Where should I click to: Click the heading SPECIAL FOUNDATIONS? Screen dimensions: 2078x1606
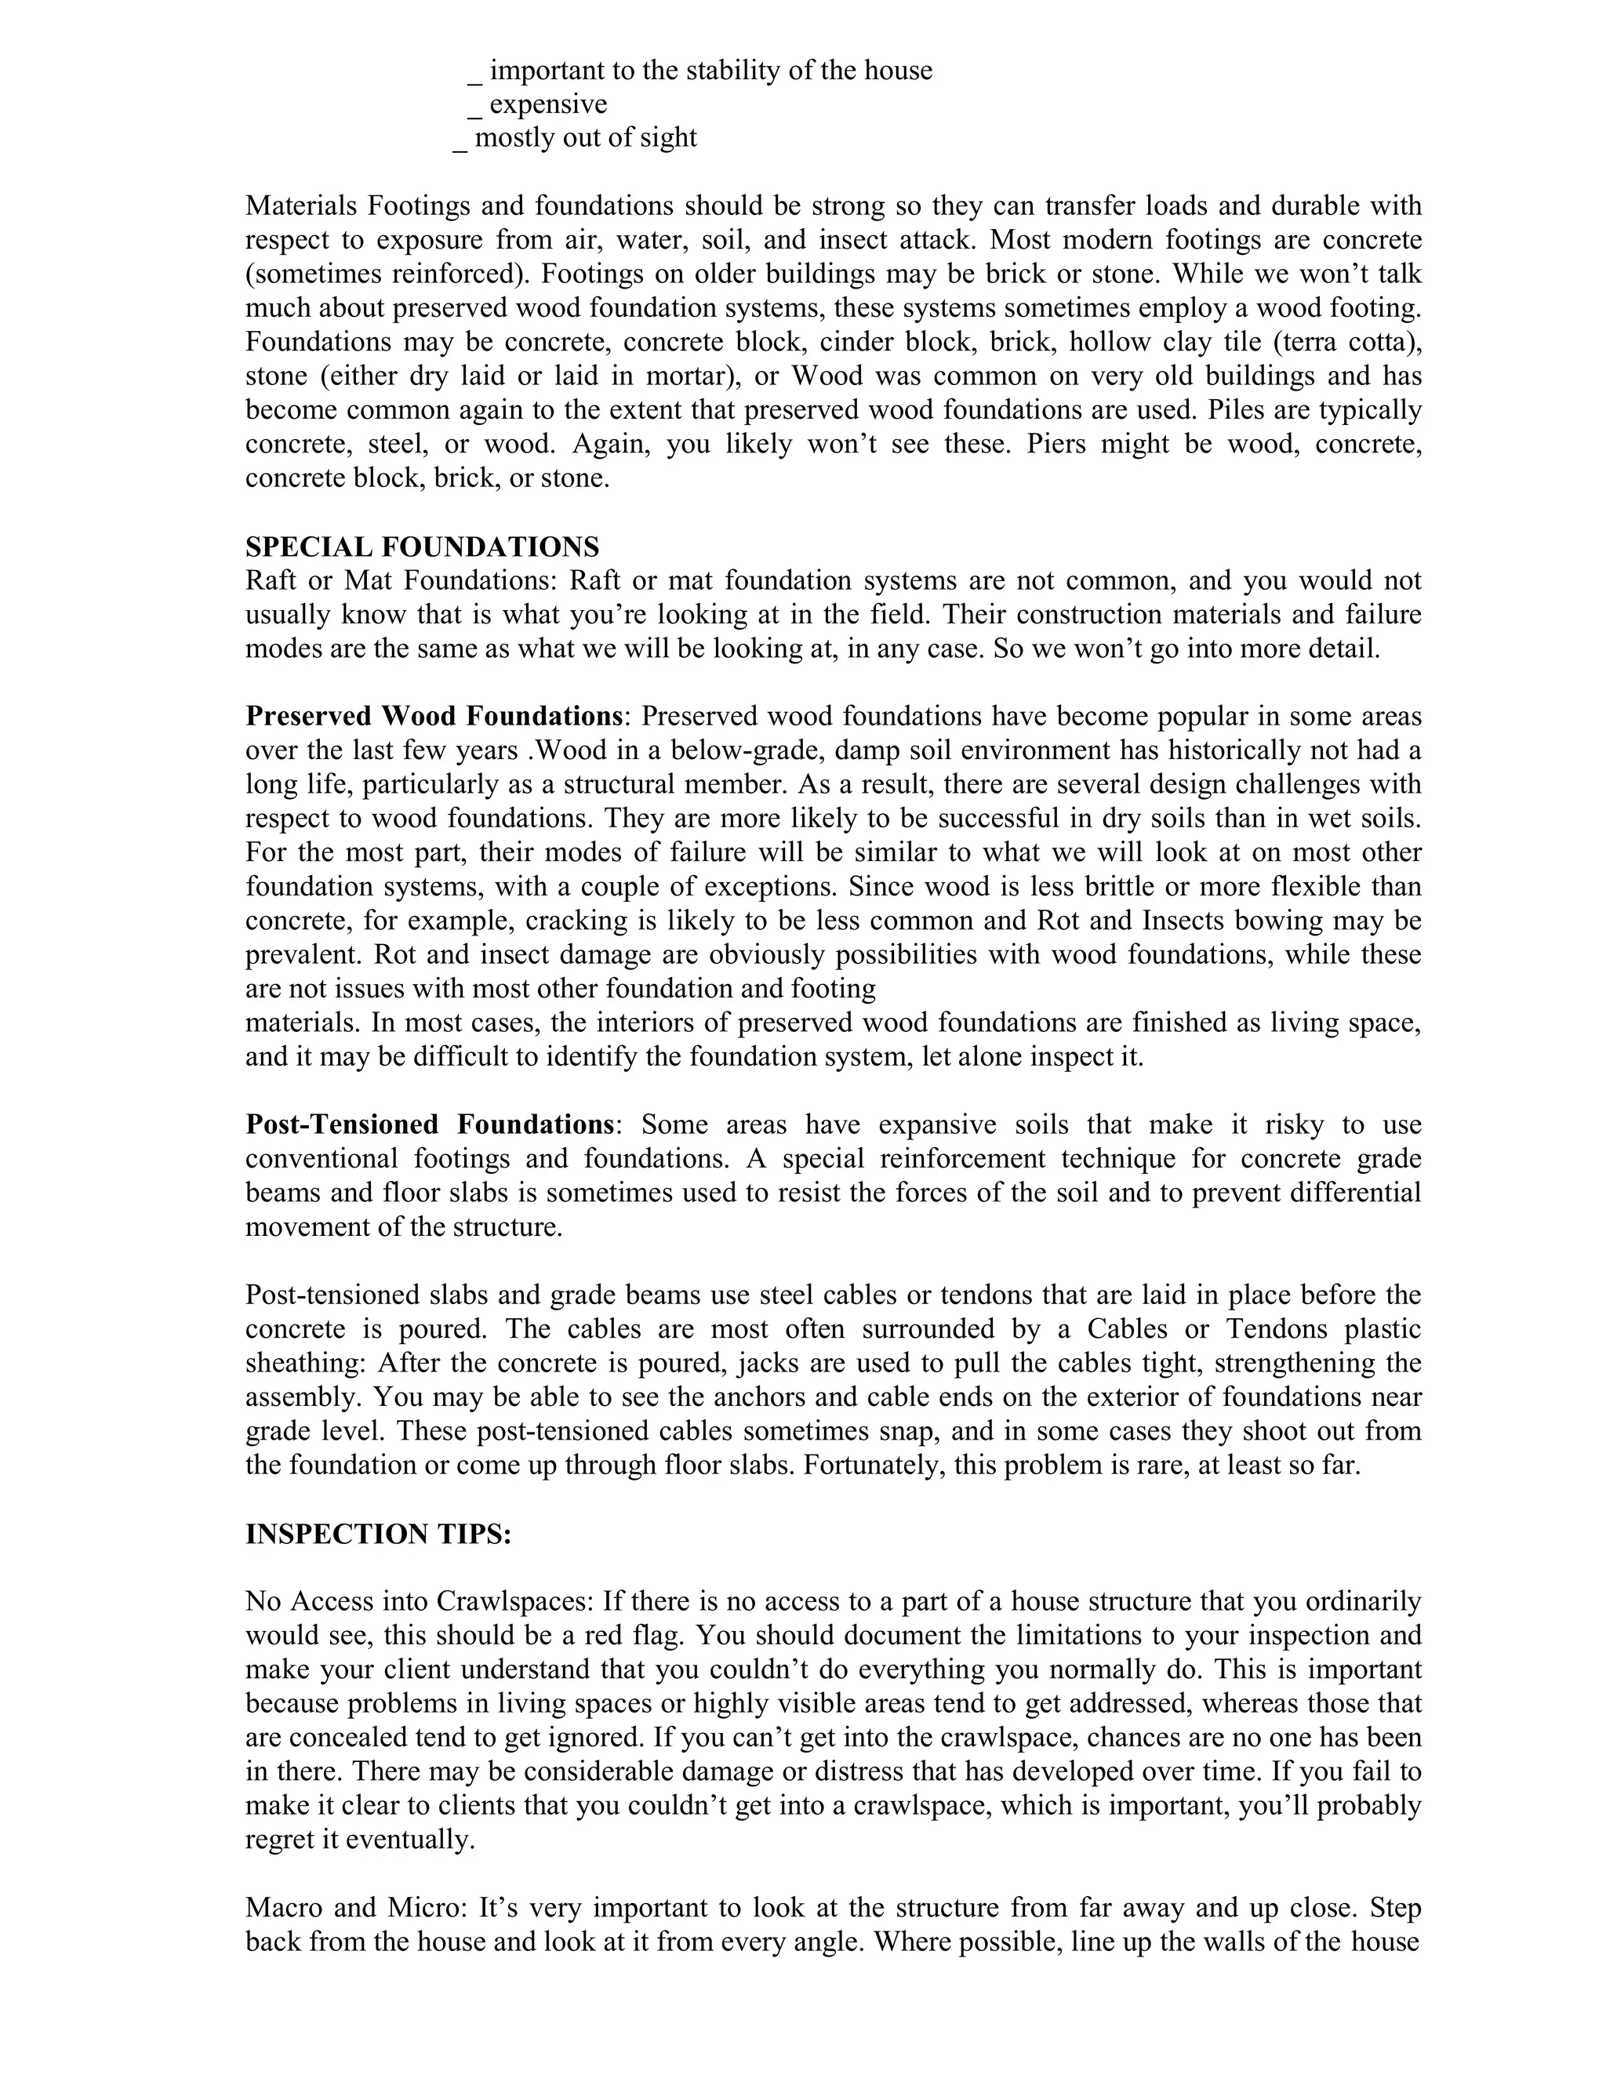(x=423, y=547)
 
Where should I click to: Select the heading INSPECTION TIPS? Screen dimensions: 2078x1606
(x=379, y=1534)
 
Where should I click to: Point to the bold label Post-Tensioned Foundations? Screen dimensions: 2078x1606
(x=429, y=1124)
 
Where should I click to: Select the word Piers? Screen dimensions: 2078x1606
(x=1054, y=445)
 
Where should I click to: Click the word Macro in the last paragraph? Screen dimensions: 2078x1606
(x=281, y=1908)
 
